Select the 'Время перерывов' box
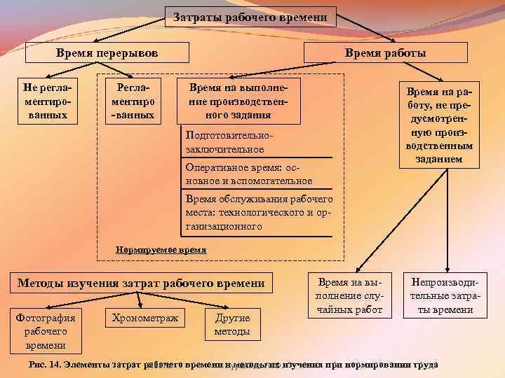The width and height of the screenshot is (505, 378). [x=107, y=52]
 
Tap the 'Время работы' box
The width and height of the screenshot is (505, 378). [x=385, y=52]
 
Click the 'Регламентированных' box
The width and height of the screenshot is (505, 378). [x=133, y=99]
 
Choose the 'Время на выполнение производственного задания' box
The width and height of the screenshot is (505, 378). [x=241, y=99]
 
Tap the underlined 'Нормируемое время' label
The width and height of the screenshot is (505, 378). [x=161, y=249]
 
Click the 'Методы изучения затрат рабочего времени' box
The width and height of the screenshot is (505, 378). [x=140, y=283]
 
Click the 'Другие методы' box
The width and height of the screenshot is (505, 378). [x=231, y=325]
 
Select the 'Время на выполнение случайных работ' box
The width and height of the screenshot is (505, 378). [x=347, y=295]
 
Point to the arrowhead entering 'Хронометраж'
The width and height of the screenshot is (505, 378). [x=141, y=306]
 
